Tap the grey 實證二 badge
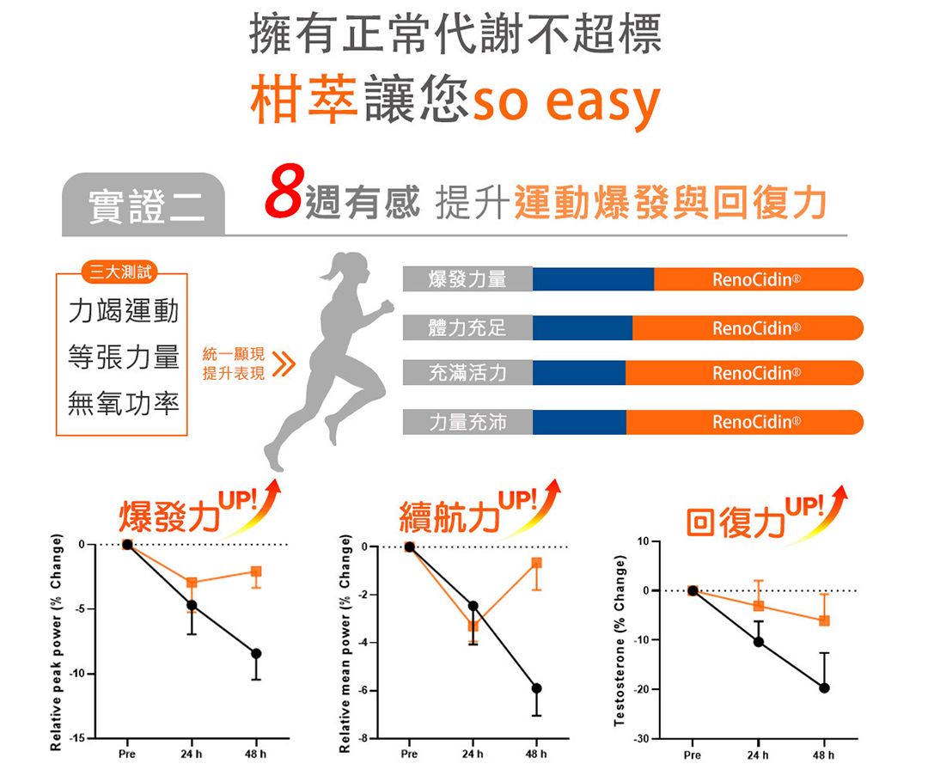click(143, 205)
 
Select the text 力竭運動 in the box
click(124, 310)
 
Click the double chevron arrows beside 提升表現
click(284, 364)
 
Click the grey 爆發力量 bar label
click(467, 279)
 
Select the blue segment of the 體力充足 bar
click(583, 327)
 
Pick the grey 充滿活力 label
click(467, 373)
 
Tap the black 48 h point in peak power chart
click(256, 654)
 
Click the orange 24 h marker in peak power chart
click(192, 583)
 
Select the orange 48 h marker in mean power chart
click(536, 563)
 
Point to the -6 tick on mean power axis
click(364, 691)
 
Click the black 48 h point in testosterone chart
click(824, 687)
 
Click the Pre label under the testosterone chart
click(692, 755)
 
